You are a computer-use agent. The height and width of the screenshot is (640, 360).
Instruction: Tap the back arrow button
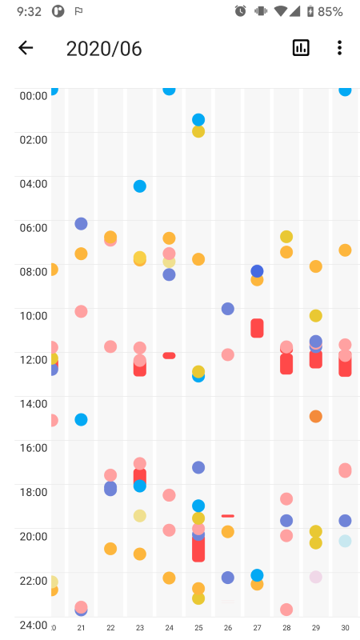click(x=26, y=48)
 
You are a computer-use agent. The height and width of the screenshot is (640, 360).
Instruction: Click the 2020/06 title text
click(x=104, y=49)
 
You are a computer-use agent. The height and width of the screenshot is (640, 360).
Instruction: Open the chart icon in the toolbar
click(x=301, y=48)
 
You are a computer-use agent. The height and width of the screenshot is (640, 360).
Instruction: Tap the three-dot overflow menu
click(x=339, y=48)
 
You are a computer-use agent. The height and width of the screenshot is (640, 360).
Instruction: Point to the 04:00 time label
click(x=34, y=183)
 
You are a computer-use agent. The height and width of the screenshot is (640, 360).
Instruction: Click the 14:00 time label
click(x=34, y=403)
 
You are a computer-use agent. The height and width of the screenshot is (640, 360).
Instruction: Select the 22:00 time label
click(x=34, y=580)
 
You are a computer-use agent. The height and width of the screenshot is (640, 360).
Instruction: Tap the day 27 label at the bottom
click(x=257, y=628)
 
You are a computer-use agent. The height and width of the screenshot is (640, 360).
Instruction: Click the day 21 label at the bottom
click(x=81, y=628)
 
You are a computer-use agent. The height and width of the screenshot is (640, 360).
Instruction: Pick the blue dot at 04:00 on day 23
click(x=140, y=186)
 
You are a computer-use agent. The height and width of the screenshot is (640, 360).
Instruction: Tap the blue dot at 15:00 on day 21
click(x=81, y=419)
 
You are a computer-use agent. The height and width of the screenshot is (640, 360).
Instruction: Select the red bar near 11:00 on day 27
click(x=257, y=328)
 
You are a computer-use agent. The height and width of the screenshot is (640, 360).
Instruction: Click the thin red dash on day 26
click(x=228, y=516)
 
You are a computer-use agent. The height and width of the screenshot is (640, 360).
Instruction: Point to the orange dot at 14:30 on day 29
click(x=316, y=417)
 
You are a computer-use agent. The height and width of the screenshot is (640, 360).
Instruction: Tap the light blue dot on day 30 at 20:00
click(x=345, y=541)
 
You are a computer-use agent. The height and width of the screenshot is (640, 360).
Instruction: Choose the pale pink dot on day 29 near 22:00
click(x=316, y=577)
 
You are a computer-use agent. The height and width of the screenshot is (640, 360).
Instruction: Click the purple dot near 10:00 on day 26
click(x=228, y=309)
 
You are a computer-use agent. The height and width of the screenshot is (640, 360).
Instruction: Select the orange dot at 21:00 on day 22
click(x=110, y=549)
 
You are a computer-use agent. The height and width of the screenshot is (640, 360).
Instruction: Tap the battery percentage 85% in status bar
click(x=330, y=11)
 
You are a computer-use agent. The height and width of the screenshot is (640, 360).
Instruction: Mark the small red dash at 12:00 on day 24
click(x=169, y=355)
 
